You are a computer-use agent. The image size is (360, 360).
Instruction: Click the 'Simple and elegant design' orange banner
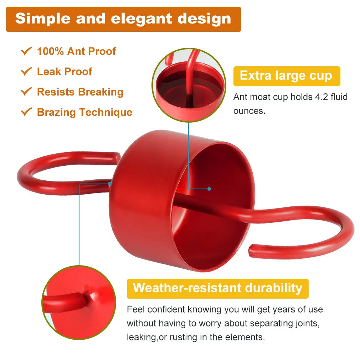pyautogui.click(x=123, y=19)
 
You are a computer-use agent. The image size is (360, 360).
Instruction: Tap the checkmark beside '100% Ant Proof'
pyautogui.click(x=26, y=51)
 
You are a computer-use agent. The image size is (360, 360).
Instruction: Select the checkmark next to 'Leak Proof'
pyautogui.click(x=26, y=71)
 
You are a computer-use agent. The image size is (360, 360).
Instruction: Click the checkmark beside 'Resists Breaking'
pyautogui.click(x=26, y=91)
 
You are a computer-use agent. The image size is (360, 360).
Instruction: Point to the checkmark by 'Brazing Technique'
pyautogui.click(x=26, y=112)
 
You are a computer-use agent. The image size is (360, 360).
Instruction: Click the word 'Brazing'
pyautogui.click(x=56, y=113)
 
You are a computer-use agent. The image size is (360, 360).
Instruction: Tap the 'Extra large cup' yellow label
pyautogui.click(x=287, y=76)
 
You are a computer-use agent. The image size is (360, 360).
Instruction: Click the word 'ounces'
pyautogui.click(x=250, y=111)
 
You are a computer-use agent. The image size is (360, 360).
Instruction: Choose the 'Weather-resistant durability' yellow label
pyautogui.click(x=218, y=288)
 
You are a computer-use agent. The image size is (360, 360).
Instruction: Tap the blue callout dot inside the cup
pyautogui.click(x=209, y=189)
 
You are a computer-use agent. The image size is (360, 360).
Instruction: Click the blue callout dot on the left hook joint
pyautogui.click(x=110, y=184)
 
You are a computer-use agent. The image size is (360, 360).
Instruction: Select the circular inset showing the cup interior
pyautogui.click(x=189, y=85)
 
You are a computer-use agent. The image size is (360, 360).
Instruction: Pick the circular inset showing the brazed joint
pyautogui.click(x=79, y=302)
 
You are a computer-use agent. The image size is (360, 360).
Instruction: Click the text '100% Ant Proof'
pyautogui.click(x=76, y=51)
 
